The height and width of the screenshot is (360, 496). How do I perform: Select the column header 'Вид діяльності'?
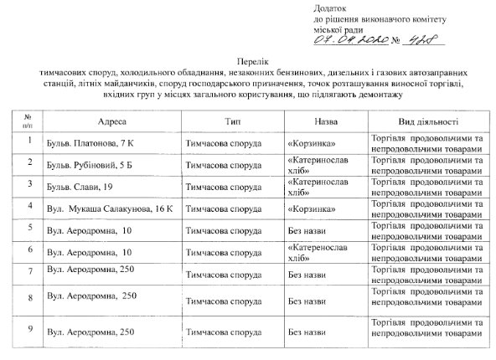(427, 121)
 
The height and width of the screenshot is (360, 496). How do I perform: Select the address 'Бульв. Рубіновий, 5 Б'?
(93, 163)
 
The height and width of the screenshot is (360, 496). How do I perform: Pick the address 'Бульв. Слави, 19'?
(80, 184)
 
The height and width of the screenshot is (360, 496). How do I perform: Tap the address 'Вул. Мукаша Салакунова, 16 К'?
(108, 205)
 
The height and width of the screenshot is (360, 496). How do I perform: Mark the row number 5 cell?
(29, 227)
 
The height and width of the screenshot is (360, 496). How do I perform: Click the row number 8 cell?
(29, 296)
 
